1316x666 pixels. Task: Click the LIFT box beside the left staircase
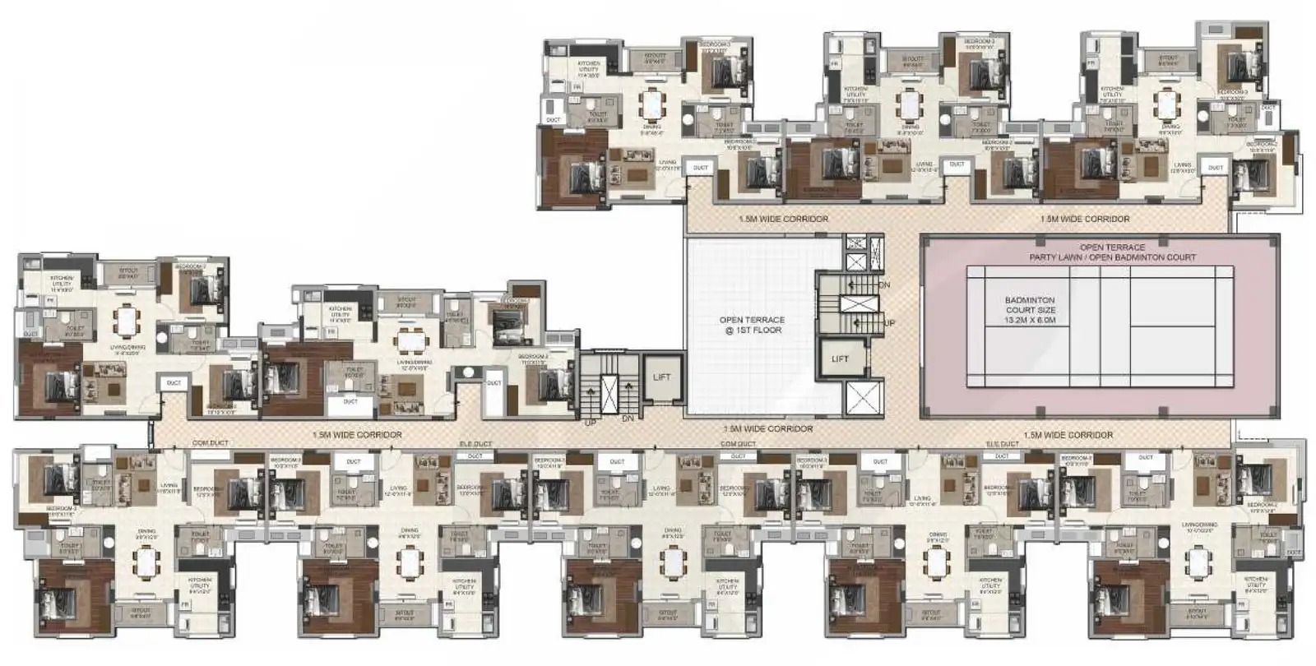point(661,378)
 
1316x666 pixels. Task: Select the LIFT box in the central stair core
point(840,359)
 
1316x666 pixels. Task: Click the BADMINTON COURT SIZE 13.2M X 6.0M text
point(1030,311)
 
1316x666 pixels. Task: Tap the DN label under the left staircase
point(628,418)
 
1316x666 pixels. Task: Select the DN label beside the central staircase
point(884,284)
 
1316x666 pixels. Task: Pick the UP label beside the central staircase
point(888,324)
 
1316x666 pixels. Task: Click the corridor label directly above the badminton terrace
point(1084,220)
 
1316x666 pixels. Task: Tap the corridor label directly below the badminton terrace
point(1068,435)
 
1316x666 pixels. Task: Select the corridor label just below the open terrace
point(767,429)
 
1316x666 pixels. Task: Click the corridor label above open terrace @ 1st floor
point(783,220)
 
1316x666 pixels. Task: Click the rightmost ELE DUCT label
point(1002,444)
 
